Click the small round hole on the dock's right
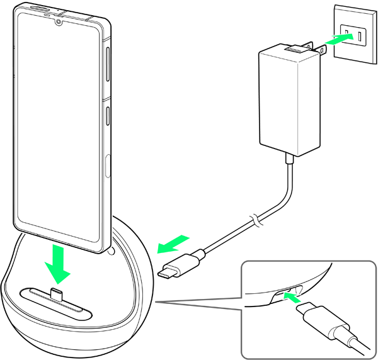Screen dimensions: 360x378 click(112, 253)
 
